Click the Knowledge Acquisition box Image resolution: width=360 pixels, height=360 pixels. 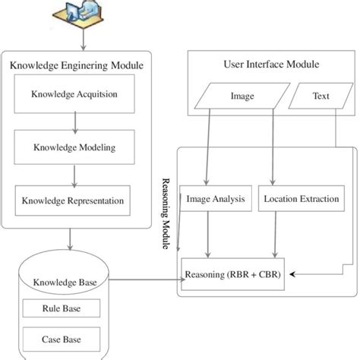point(73,95)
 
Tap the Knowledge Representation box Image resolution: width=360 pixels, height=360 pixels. point(73,201)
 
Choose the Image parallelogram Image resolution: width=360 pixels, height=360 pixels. point(242,97)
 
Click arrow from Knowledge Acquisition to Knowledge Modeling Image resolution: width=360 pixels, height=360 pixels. point(74,121)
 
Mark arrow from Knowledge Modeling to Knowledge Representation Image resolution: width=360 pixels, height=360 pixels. point(74,175)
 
